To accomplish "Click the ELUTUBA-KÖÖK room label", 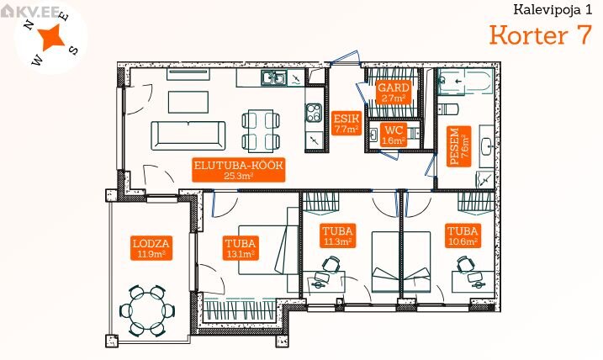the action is point(239,170).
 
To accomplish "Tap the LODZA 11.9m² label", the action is point(151,247).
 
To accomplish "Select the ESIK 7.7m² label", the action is point(346,123).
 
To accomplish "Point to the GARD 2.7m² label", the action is point(393,93).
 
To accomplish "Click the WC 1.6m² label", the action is point(393,135).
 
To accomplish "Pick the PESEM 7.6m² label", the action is point(459,146).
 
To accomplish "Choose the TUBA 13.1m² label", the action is point(241,248).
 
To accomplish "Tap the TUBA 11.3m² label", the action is point(337,236).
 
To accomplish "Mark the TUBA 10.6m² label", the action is point(463,236).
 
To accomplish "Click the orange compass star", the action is point(51,37).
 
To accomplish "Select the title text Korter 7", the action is point(540,35).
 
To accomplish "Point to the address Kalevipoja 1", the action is point(553,9).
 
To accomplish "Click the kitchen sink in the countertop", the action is point(273,78).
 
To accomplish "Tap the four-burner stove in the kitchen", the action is point(314,113).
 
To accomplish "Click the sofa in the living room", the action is point(188,135).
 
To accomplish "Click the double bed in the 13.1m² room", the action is point(268,250).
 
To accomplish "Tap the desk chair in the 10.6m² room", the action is point(464,265).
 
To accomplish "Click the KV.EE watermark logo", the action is point(30,12).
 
